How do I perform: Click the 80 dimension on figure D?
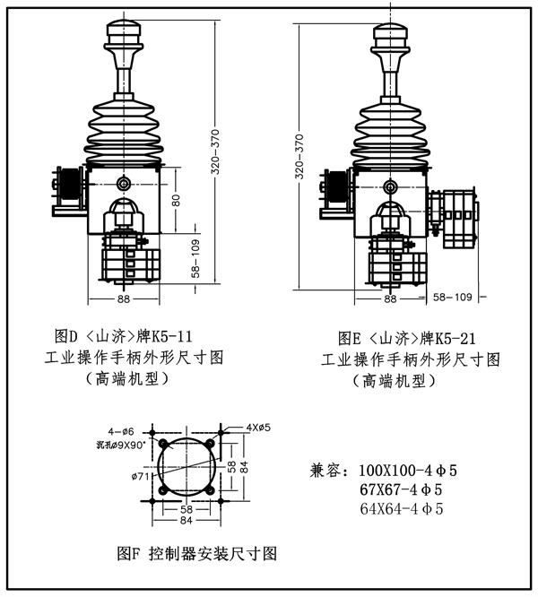pos(176,200)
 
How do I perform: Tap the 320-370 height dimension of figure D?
pos(215,151)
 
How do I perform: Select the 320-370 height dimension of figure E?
pos(300,157)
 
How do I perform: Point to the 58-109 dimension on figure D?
pos(195,258)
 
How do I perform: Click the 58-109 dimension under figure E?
pos(453,297)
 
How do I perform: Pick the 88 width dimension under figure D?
pos(124,298)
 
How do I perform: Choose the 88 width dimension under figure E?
pos(390,298)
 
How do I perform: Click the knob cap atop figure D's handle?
pos(124,33)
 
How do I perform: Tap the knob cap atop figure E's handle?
pos(390,36)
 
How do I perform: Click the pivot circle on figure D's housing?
pos(124,183)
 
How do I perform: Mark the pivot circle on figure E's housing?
pos(390,186)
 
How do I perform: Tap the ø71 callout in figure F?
pos(140,476)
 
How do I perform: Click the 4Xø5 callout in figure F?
pos(258,428)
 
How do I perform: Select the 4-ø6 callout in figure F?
pos(121,432)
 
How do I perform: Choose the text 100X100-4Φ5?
pos(408,471)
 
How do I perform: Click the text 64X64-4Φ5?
pos(402,509)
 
